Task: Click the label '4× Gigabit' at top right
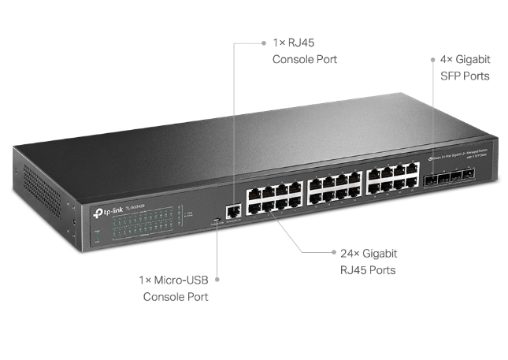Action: pyautogui.click(x=465, y=59)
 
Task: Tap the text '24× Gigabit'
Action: pyautogui.click(x=369, y=254)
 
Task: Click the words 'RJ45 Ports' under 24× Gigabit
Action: pyautogui.click(x=368, y=270)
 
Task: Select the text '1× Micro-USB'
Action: pyautogui.click(x=176, y=280)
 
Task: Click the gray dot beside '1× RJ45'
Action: pyautogui.click(x=264, y=43)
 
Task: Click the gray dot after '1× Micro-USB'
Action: pyautogui.click(x=217, y=280)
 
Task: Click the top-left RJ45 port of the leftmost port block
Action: pyautogui.click(x=254, y=192)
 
